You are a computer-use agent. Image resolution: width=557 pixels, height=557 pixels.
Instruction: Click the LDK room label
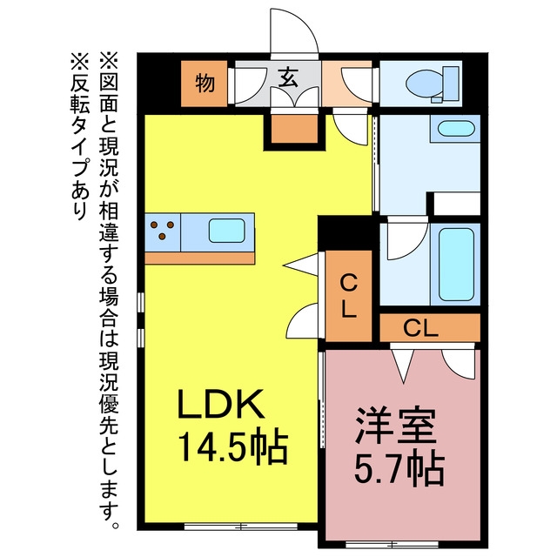pos(221,404)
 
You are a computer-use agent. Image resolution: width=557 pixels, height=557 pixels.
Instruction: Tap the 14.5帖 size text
pos(232,449)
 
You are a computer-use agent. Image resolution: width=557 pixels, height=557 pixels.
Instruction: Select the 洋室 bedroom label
pos(396,424)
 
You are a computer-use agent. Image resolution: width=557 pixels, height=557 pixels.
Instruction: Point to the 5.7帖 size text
pos(399,470)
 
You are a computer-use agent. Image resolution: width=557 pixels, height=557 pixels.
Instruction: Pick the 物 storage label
pos(205,84)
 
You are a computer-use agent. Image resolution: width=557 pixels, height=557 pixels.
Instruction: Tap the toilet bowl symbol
pos(424,84)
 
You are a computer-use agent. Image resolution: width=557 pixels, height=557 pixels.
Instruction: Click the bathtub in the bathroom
pos(456,265)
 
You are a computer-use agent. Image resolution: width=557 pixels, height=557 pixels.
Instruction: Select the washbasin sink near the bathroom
pos(456,128)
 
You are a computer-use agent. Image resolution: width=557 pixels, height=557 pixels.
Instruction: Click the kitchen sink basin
pos(226,231)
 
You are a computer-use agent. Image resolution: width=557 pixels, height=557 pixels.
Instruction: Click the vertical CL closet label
pos(348,296)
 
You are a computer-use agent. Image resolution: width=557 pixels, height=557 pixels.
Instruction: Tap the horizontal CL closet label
pos(420,329)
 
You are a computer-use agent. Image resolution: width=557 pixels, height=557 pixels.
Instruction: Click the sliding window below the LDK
pos(241,527)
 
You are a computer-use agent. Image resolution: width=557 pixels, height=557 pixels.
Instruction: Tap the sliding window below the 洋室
pos(392,544)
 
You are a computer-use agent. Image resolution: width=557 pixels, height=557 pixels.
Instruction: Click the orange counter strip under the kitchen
pos(199,258)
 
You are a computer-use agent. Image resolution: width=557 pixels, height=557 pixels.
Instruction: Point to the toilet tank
pos(451,84)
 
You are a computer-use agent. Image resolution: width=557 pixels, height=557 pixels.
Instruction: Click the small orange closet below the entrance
pos(294,129)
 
